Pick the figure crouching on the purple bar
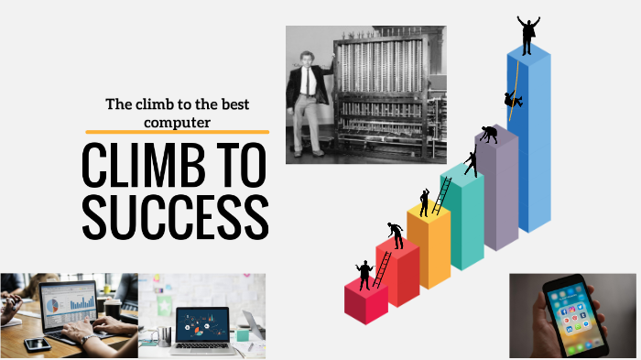(x=488, y=135)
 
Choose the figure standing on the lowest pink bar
(x=364, y=274)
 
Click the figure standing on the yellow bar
(x=424, y=202)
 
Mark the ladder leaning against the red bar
(x=383, y=268)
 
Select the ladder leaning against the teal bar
(x=442, y=195)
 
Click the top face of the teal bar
(x=462, y=174)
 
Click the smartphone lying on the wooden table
(x=37, y=344)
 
